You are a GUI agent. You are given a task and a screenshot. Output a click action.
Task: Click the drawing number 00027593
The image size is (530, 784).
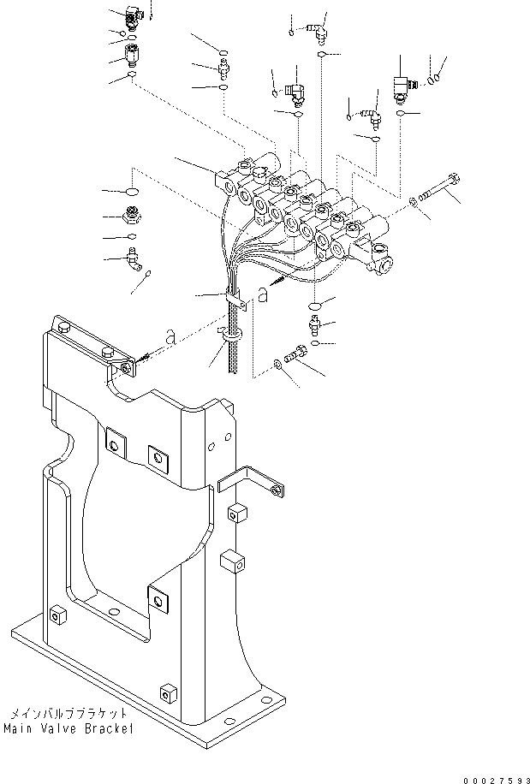[x=497, y=780]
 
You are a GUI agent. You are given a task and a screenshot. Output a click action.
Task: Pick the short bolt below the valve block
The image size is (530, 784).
[x=295, y=353]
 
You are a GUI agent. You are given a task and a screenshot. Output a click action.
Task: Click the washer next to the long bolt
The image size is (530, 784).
[x=414, y=202]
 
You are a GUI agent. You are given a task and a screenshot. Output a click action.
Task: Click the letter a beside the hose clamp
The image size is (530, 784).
[x=263, y=295]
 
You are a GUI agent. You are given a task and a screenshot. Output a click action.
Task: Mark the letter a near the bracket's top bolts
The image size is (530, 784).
[x=170, y=338]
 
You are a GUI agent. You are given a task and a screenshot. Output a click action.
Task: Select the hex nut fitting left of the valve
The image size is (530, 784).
[x=133, y=216]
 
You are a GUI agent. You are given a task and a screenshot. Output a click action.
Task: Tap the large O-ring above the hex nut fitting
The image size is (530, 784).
[x=132, y=191]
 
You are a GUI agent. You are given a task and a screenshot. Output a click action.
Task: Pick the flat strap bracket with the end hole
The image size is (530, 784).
[x=252, y=480]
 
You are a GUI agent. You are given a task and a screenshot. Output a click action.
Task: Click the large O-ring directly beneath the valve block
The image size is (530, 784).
[x=315, y=306]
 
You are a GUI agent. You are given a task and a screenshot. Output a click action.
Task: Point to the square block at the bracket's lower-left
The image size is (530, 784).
[x=58, y=615]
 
